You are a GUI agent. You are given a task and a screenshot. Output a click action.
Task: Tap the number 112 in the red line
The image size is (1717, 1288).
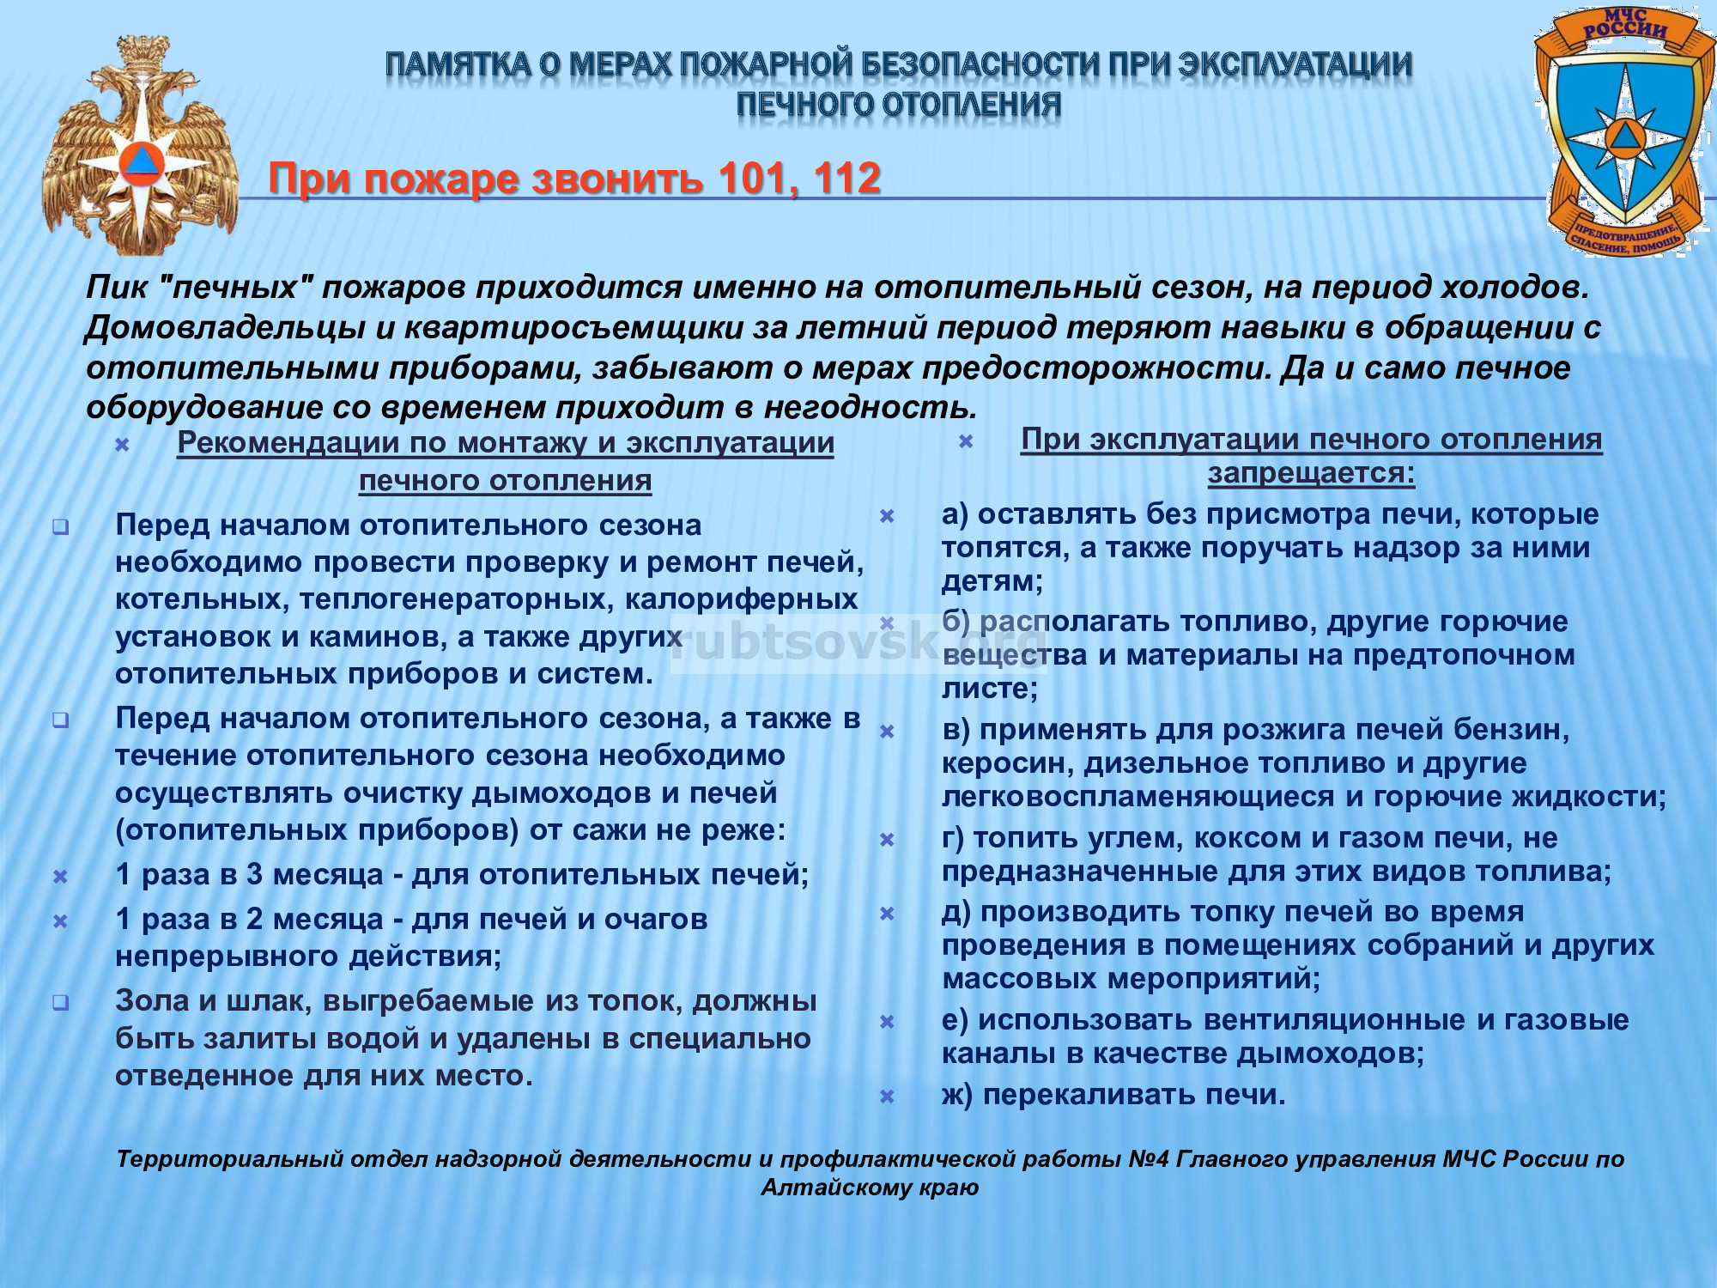click(x=846, y=179)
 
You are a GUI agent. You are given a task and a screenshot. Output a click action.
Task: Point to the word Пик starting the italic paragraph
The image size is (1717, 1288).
click(x=117, y=287)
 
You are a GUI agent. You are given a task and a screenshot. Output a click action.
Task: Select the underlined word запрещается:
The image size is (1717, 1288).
click(x=1311, y=473)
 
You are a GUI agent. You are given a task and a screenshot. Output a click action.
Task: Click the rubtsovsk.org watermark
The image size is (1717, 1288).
click(x=858, y=643)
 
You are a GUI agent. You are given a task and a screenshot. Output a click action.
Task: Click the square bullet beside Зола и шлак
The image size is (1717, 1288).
click(x=61, y=1002)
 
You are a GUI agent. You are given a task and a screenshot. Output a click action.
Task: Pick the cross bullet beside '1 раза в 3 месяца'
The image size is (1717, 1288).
click(x=61, y=877)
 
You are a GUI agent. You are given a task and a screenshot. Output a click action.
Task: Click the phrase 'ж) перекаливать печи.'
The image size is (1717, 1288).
click(x=1113, y=1095)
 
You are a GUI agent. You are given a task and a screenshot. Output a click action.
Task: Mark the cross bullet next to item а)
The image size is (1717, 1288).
click(x=888, y=516)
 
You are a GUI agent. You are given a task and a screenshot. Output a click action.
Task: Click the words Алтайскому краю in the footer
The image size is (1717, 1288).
click(x=870, y=1188)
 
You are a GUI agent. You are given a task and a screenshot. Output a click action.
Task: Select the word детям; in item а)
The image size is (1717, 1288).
click(x=992, y=581)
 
